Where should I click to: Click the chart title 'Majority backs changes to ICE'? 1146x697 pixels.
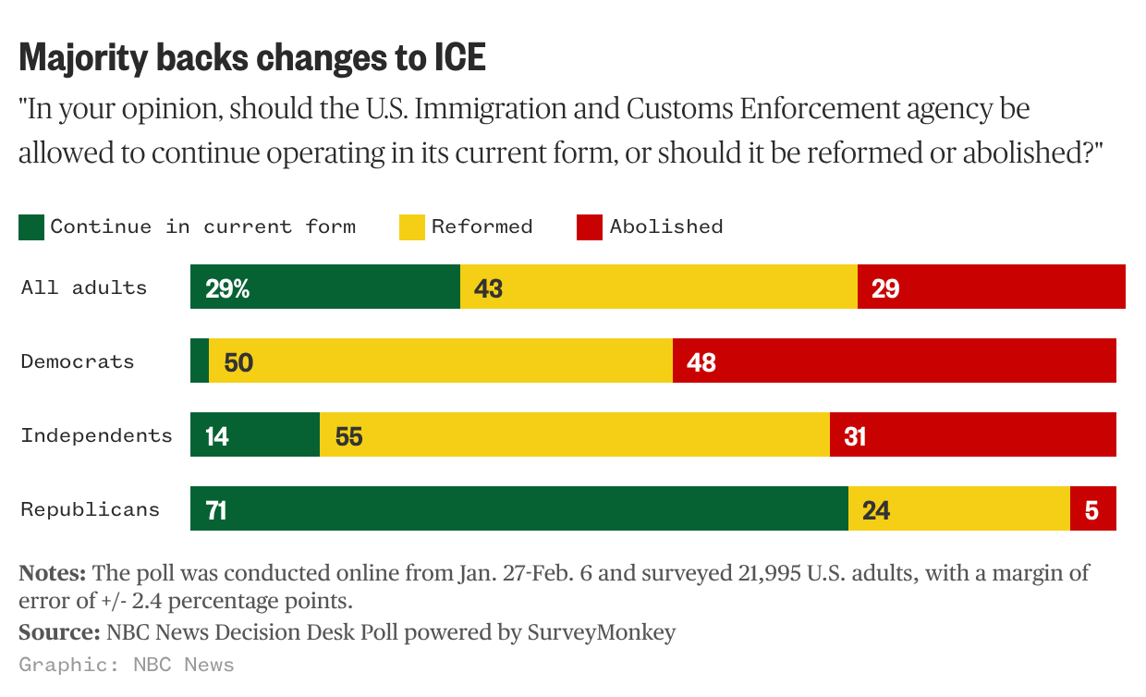[252, 58]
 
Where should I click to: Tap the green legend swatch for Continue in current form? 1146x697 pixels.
[31, 227]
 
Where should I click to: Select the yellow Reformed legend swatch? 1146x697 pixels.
[412, 227]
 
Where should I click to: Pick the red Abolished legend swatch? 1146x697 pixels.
[590, 227]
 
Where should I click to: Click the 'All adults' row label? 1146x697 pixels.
[84, 287]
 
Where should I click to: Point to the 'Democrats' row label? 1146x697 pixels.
[78, 361]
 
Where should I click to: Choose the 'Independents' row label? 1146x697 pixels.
[97, 435]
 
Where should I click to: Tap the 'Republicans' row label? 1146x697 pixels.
[91, 509]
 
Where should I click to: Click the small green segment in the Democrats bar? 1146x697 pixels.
[200, 361]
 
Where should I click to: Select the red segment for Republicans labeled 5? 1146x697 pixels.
[1092, 509]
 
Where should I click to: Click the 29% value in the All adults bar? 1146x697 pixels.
[227, 288]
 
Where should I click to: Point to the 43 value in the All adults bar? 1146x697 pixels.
[488, 288]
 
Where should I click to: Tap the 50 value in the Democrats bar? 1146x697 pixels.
[238, 362]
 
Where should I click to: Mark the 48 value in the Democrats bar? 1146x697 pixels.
[701, 362]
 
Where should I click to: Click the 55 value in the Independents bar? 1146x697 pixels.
[348, 436]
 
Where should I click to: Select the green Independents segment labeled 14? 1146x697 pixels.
[255, 435]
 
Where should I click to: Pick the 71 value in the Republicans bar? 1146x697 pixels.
[216, 510]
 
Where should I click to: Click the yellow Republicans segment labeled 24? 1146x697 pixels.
[958, 509]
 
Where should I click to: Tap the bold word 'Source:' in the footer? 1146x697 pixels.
[59, 633]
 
